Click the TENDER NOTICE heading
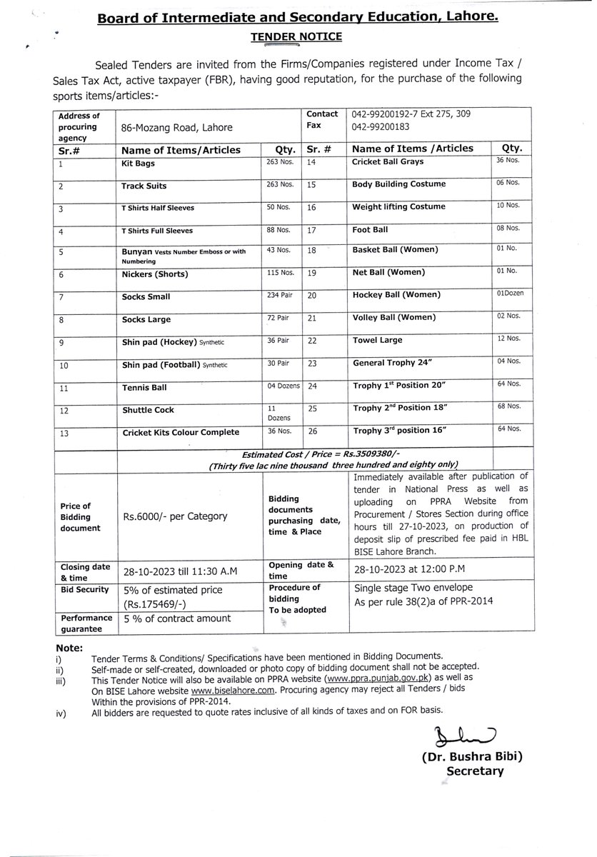(x=298, y=36)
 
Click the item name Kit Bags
(x=137, y=164)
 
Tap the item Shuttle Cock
(x=148, y=410)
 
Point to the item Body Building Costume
(x=398, y=184)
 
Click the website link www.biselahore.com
(x=222, y=691)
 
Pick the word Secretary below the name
(x=475, y=771)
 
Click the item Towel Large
(x=377, y=341)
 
